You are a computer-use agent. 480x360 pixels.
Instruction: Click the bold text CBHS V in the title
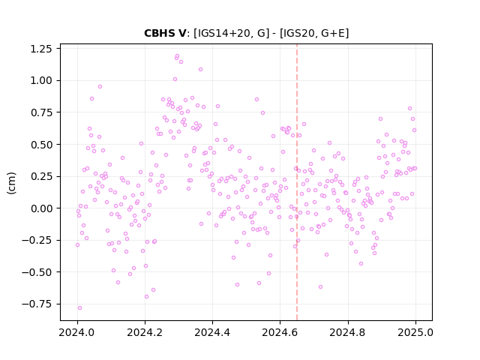[x=165, y=33]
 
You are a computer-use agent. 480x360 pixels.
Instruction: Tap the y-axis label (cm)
[x=11, y=183]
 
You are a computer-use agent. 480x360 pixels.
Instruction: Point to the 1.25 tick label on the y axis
[x=41, y=49]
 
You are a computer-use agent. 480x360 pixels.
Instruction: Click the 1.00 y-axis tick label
[x=41, y=80]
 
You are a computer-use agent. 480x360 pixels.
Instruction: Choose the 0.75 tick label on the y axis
[x=41, y=112]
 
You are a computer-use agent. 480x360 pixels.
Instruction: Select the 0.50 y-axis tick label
[x=41, y=145]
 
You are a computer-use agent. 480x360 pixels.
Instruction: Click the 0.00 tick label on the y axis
[x=41, y=208]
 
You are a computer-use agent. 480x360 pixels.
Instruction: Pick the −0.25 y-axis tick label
[x=37, y=240]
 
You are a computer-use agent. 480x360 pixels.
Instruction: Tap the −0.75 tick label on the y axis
[x=37, y=304]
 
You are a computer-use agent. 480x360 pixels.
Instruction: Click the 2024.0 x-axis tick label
[x=77, y=332]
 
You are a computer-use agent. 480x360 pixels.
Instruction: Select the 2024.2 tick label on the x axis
[x=145, y=332]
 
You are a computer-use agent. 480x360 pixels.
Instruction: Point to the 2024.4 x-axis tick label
[x=212, y=332]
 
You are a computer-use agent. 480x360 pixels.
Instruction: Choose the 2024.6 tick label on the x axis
[x=280, y=332]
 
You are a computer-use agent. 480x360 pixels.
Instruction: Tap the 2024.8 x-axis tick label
[x=348, y=332]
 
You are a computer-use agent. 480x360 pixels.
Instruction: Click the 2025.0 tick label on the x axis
[x=415, y=332]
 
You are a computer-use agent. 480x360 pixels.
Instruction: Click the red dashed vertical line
[x=297, y=182]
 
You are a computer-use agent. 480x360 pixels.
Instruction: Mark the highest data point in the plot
[x=177, y=56]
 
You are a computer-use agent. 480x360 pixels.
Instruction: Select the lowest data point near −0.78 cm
[x=80, y=308]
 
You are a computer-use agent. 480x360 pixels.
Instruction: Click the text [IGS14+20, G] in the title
[x=232, y=33]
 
